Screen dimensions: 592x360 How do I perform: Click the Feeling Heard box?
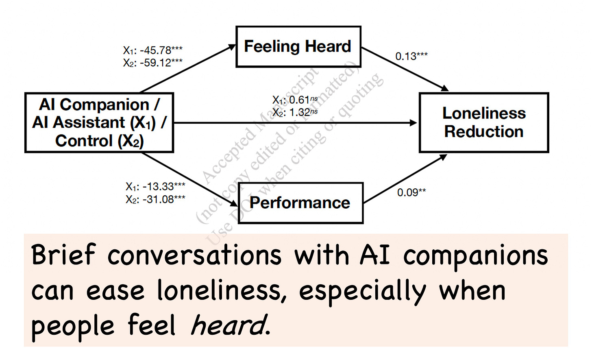click(x=298, y=46)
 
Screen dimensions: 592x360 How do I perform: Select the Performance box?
click(x=300, y=203)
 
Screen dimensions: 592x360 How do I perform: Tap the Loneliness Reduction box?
click(x=484, y=122)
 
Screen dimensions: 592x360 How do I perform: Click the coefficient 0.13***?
click(x=411, y=56)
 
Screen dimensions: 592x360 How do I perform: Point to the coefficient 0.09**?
click(x=411, y=192)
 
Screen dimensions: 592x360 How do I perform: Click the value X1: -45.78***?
click(x=153, y=50)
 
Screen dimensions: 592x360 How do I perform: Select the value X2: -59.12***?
click(x=153, y=63)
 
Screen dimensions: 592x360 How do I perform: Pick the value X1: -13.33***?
click(x=155, y=187)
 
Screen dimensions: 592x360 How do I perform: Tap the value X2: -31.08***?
click(x=155, y=199)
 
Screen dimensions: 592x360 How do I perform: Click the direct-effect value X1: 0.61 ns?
click(x=295, y=100)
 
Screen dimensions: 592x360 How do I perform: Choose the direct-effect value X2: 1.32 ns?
click(x=295, y=112)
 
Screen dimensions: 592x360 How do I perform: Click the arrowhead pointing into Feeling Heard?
click(x=232, y=47)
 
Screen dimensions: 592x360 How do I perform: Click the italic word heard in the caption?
click(x=229, y=325)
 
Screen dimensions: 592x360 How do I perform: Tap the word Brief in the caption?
click(x=63, y=255)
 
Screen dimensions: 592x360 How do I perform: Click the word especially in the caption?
click(x=362, y=291)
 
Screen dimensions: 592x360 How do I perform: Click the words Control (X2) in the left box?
click(x=99, y=141)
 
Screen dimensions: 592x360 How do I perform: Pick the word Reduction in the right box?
click(x=484, y=132)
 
